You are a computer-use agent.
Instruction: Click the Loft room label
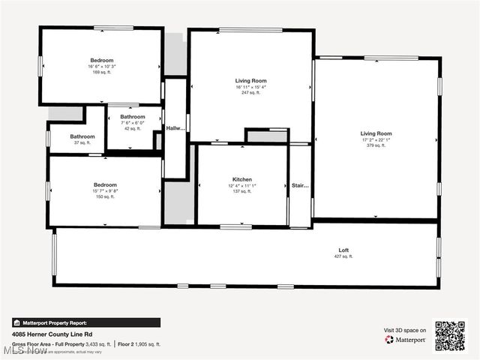[343, 250]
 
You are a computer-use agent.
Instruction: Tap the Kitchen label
[241, 179]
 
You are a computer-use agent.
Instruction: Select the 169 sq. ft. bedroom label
[102, 60]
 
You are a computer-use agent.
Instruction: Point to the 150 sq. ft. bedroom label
[105, 184]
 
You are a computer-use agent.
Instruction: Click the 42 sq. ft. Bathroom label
[133, 117]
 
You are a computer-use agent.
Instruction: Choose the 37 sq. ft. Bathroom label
[82, 136]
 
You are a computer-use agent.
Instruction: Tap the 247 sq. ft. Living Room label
[250, 80]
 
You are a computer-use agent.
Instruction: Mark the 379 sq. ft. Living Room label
[376, 133]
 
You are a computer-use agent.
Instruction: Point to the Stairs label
[300, 184]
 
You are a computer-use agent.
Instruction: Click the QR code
[450, 336]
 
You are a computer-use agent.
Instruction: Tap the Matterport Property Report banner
[85, 322]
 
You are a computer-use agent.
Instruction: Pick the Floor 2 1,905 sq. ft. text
[139, 344]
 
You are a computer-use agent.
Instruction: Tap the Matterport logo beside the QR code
[406, 340]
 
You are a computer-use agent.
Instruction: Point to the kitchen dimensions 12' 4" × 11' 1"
[241, 186]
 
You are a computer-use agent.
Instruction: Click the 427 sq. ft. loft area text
[343, 256]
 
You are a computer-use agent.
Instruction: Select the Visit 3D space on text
[405, 330]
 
